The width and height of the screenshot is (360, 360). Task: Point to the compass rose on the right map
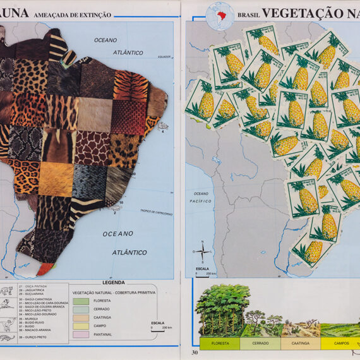pyautogui.click(x=201, y=251)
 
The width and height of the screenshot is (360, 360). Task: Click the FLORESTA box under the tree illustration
pyautogui.click(x=220, y=344)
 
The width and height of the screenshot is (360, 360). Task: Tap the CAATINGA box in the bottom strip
pyautogui.click(x=300, y=344)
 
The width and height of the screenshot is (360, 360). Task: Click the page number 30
pyautogui.click(x=195, y=352)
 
